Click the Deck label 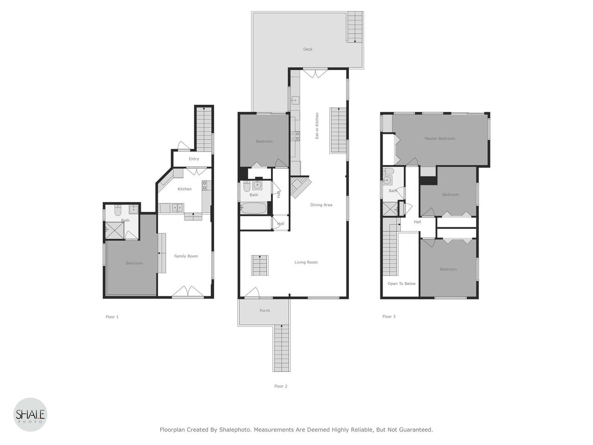click(308, 49)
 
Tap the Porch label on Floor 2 click(265, 311)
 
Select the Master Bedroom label click(440, 139)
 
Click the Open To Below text click(402, 284)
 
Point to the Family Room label click(186, 256)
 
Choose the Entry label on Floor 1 click(194, 159)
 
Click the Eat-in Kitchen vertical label click(317, 126)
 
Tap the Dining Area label click(321, 205)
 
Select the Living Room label click(306, 262)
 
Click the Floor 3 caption click(389, 317)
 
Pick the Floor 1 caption click(112, 317)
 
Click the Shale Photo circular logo click(30, 414)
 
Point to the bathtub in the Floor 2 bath click(253, 208)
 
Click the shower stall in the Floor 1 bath click(115, 230)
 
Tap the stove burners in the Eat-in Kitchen click(295, 136)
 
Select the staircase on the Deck click(354, 27)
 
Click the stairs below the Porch click(282, 348)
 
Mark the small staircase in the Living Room click(260, 265)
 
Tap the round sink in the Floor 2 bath click(257, 185)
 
